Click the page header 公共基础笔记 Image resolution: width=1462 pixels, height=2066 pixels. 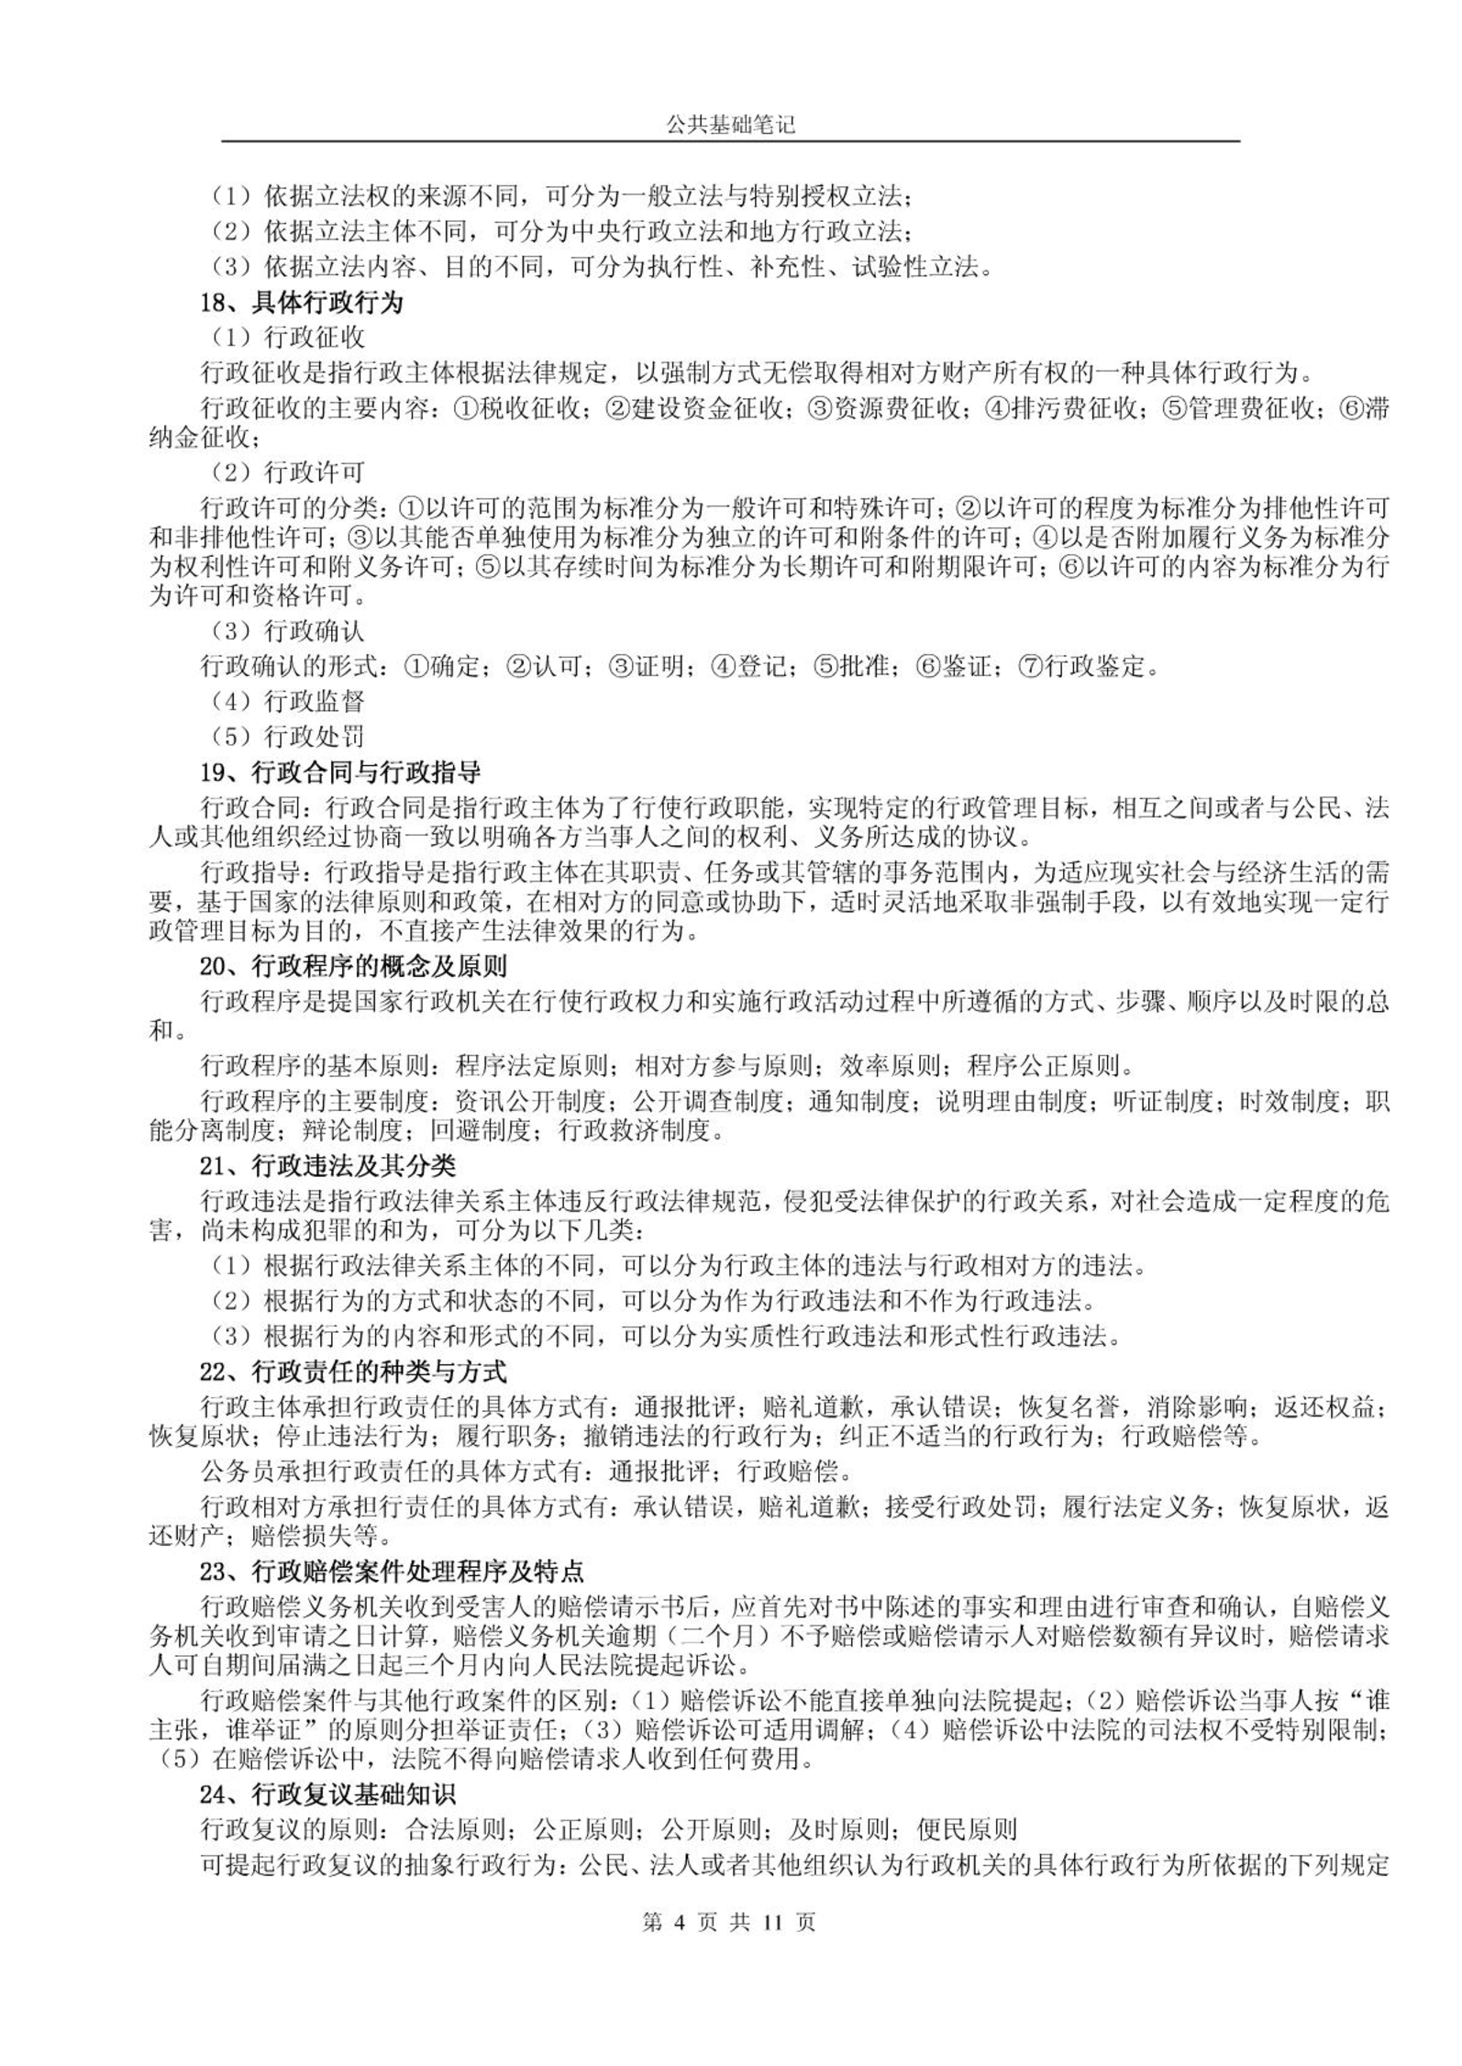730,126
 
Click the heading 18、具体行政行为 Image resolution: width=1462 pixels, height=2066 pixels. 302,303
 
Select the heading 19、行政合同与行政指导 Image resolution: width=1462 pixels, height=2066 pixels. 340,772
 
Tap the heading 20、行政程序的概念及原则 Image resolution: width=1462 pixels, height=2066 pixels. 353,966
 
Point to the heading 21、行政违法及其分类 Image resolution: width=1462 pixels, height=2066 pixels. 327,1166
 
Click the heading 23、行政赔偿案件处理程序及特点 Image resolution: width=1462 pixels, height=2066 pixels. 392,1572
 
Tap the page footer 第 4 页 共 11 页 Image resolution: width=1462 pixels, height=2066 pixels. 730,1922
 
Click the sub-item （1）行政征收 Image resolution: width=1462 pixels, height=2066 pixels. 287,338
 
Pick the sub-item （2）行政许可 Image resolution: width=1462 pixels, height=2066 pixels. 287,472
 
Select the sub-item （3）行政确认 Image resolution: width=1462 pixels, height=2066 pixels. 287,631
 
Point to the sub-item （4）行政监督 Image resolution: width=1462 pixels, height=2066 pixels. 287,702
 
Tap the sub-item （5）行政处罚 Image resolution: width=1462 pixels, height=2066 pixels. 287,737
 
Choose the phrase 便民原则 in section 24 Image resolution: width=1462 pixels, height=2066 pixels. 967,1829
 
